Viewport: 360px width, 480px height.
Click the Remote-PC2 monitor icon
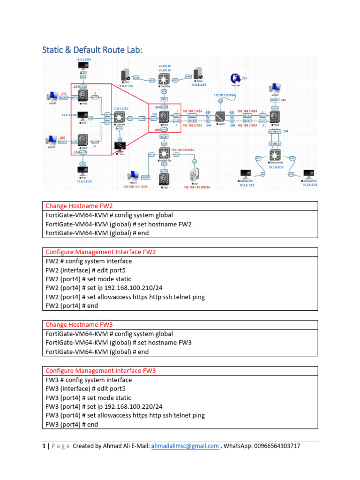[309, 175]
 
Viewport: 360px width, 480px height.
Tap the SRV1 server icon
[125, 75]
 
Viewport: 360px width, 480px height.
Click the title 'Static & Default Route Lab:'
[92, 50]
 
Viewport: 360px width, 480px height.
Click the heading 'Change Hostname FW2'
[79, 206]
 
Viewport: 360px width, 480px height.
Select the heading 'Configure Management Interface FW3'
[100, 371]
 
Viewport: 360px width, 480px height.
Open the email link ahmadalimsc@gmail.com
[185, 446]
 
